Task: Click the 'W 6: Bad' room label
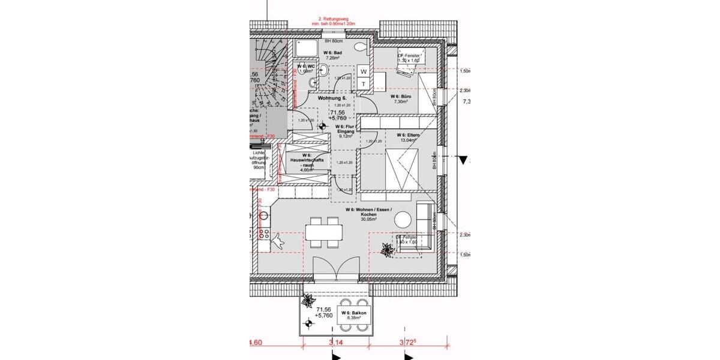[x=332, y=53]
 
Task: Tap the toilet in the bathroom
[x=361, y=46]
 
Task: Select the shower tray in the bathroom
[x=306, y=48]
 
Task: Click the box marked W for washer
[x=364, y=71]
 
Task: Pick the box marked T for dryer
[x=364, y=85]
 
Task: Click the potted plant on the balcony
[x=309, y=299]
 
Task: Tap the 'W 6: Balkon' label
[x=353, y=313]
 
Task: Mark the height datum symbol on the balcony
[x=309, y=324]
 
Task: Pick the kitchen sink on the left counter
[x=262, y=214]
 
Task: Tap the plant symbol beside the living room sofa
[x=385, y=247]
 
